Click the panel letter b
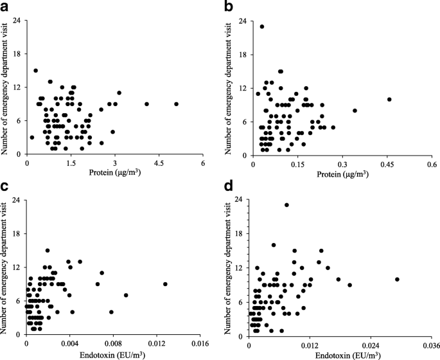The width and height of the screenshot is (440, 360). [x=230, y=6]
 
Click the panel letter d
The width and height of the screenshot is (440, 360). [x=230, y=187]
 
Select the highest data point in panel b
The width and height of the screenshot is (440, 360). [x=262, y=26]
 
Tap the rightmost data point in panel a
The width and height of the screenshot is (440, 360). [x=176, y=104]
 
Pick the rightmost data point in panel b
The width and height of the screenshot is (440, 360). [x=389, y=99]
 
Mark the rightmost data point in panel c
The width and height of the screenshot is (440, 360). [x=165, y=284]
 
